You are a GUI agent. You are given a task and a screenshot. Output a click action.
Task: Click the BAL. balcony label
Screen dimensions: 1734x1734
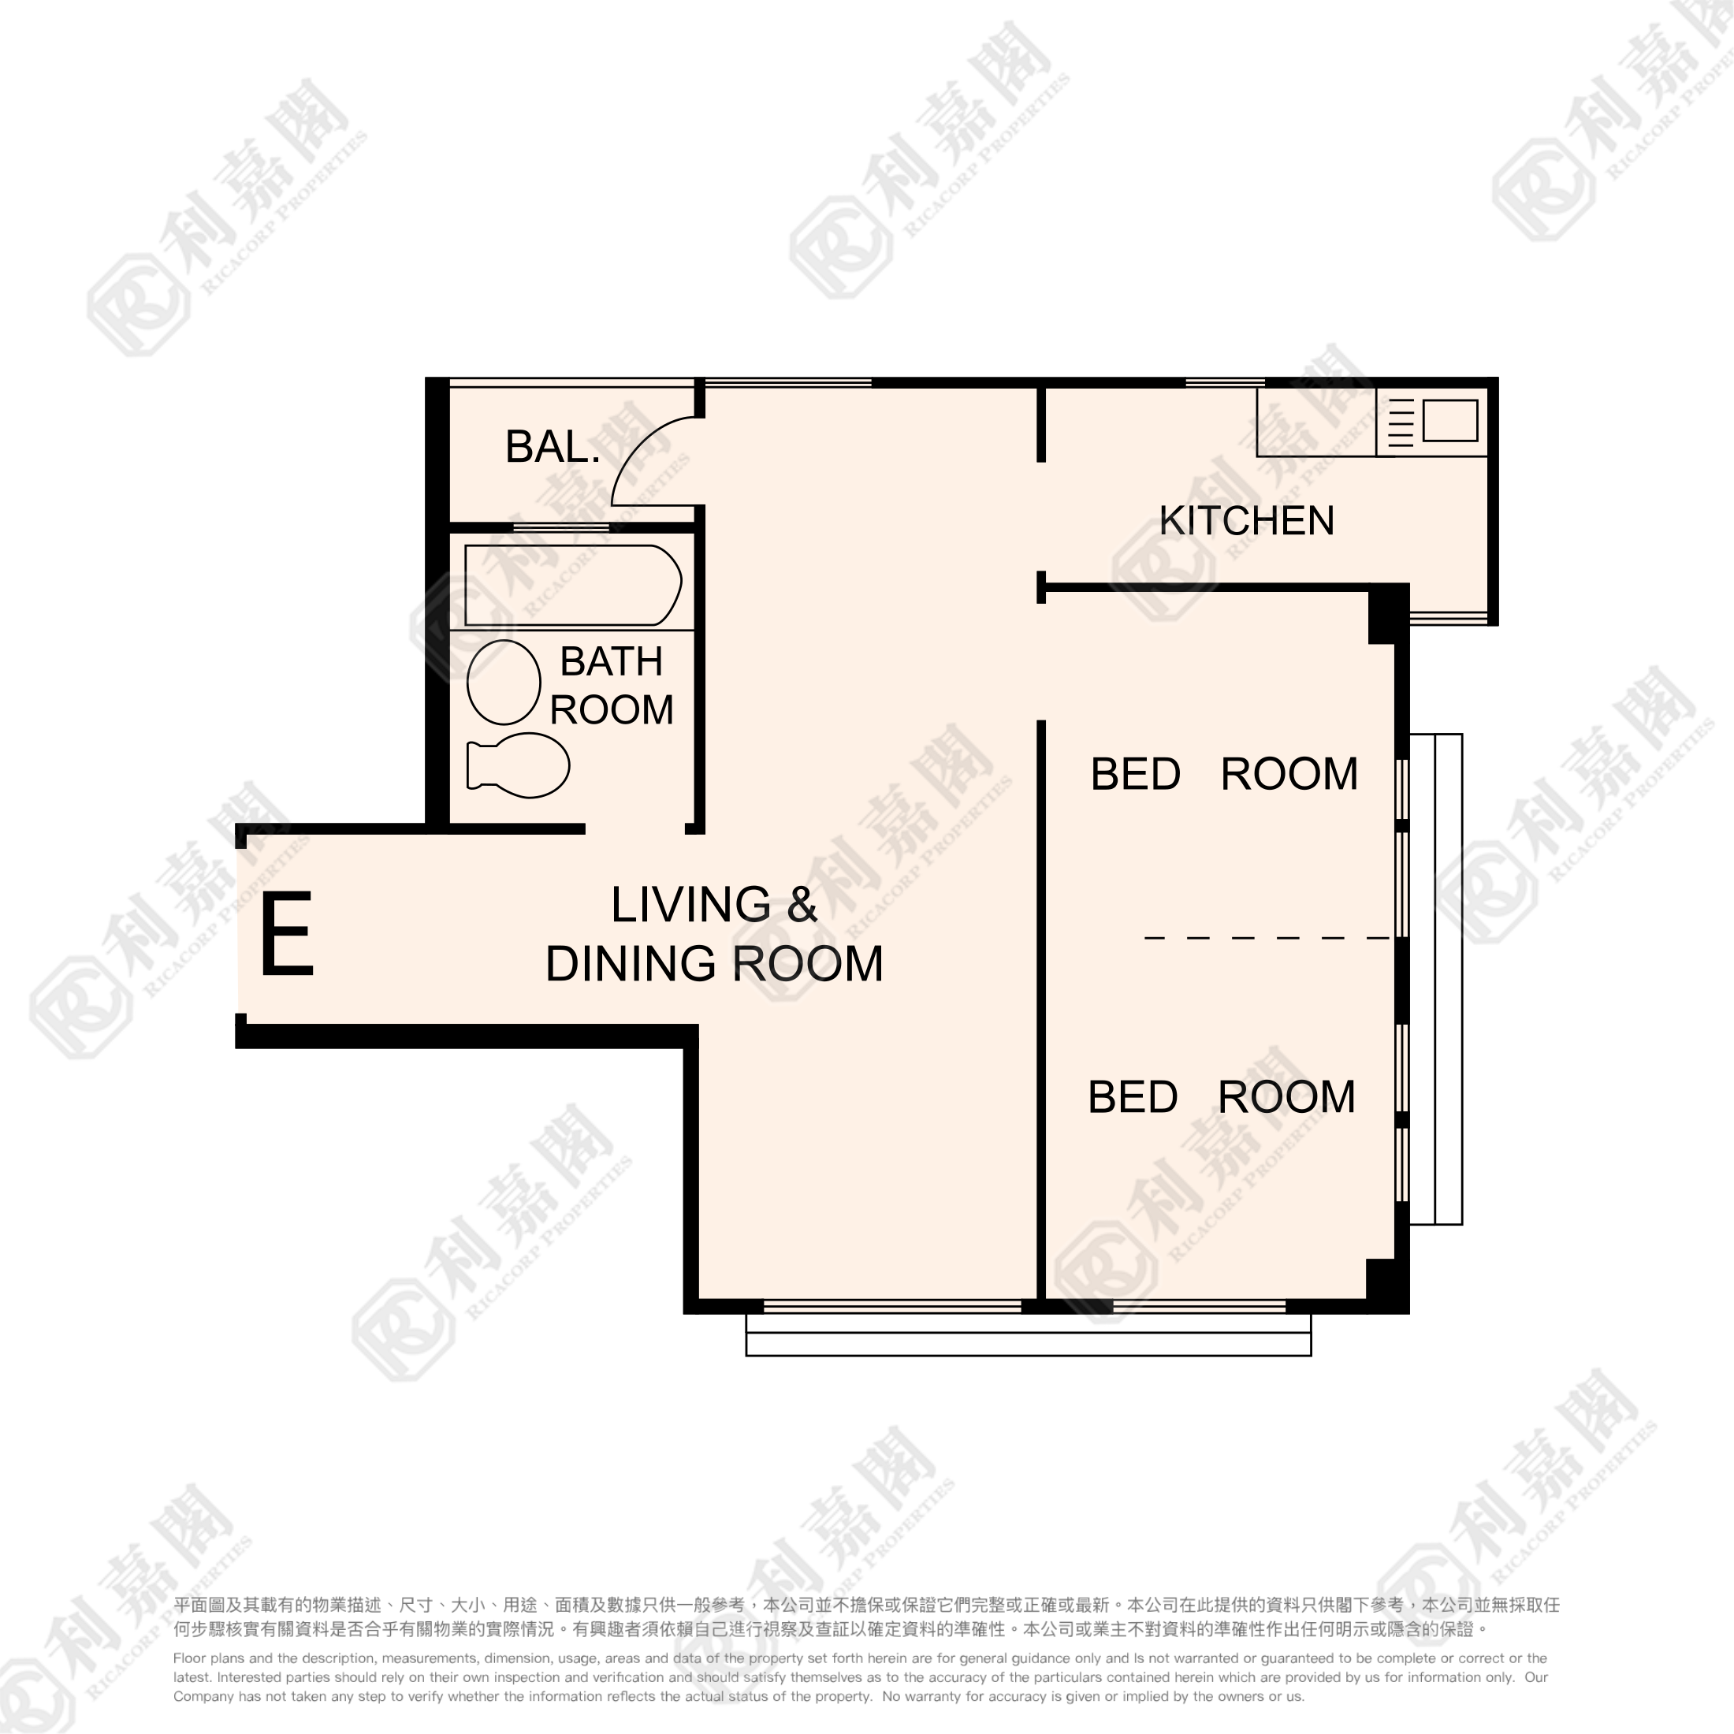click(x=552, y=447)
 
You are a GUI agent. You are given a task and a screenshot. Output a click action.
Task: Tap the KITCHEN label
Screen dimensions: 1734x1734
click(x=1247, y=520)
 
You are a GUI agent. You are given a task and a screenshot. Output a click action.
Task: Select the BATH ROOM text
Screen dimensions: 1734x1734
click(x=611, y=686)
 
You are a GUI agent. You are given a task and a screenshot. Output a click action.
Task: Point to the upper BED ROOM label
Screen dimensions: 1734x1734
click(x=1224, y=774)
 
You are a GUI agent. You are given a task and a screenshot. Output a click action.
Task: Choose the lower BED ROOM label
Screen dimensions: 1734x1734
click(x=1222, y=1097)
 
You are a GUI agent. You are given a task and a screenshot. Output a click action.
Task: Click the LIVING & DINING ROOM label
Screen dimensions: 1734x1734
click(x=714, y=933)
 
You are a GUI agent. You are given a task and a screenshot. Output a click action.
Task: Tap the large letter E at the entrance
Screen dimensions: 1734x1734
click(x=287, y=932)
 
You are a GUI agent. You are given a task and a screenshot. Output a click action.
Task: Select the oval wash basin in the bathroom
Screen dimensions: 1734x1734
click(x=504, y=682)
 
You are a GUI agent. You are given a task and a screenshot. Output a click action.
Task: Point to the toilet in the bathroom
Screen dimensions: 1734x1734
click(x=518, y=765)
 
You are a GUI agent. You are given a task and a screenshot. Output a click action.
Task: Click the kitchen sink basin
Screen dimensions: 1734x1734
click(x=1449, y=420)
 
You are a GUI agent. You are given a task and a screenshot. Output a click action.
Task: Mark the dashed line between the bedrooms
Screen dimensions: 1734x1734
click(x=1267, y=938)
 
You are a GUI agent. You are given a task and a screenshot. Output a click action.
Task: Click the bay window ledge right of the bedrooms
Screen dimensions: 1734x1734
click(x=1436, y=979)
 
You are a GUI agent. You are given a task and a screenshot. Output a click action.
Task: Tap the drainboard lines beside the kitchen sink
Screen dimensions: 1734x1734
click(x=1401, y=422)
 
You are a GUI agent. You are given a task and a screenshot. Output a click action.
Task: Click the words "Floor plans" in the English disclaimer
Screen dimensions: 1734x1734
click(x=208, y=1658)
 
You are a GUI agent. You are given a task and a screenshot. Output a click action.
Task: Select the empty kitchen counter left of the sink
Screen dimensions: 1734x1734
click(x=1315, y=422)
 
